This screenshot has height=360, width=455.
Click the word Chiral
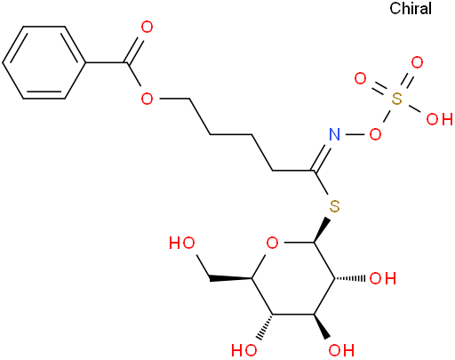coord(411,8)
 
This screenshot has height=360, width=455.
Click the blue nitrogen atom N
coord(334,134)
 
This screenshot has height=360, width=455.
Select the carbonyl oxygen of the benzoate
coord(147,27)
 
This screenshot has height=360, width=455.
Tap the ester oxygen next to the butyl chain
coord(147,99)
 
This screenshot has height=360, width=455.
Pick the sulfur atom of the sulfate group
coord(397,99)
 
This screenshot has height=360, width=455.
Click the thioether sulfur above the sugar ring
coord(334,206)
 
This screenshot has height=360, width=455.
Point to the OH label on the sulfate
coord(439,119)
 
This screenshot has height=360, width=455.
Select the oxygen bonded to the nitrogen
coord(375,134)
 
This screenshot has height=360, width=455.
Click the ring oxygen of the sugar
coord(272,243)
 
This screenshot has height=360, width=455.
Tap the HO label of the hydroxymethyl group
coord(182,243)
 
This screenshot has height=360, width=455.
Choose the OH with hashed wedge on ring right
coord(383,278)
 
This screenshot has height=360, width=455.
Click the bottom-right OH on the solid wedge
coord(341,350)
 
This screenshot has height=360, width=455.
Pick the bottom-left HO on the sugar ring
coord(244,350)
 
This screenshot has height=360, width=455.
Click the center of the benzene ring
coord(44,62)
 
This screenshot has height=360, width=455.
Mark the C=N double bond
coord(322,157)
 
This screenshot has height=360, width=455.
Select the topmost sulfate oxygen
coord(417,63)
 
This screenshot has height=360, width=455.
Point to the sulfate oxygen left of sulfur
coord(361,78)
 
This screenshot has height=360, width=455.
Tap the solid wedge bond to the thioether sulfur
coord(322,230)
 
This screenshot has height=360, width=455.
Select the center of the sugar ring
coord(293,278)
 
